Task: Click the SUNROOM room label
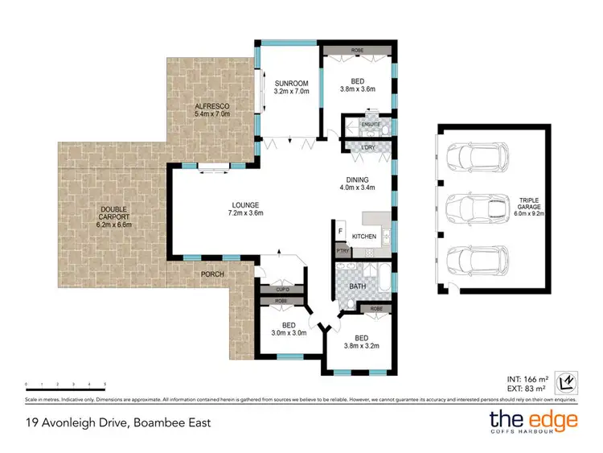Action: click(287, 82)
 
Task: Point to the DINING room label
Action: click(357, 180)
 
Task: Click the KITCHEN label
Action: click(364, 237)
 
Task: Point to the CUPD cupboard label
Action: click(282, 289)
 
